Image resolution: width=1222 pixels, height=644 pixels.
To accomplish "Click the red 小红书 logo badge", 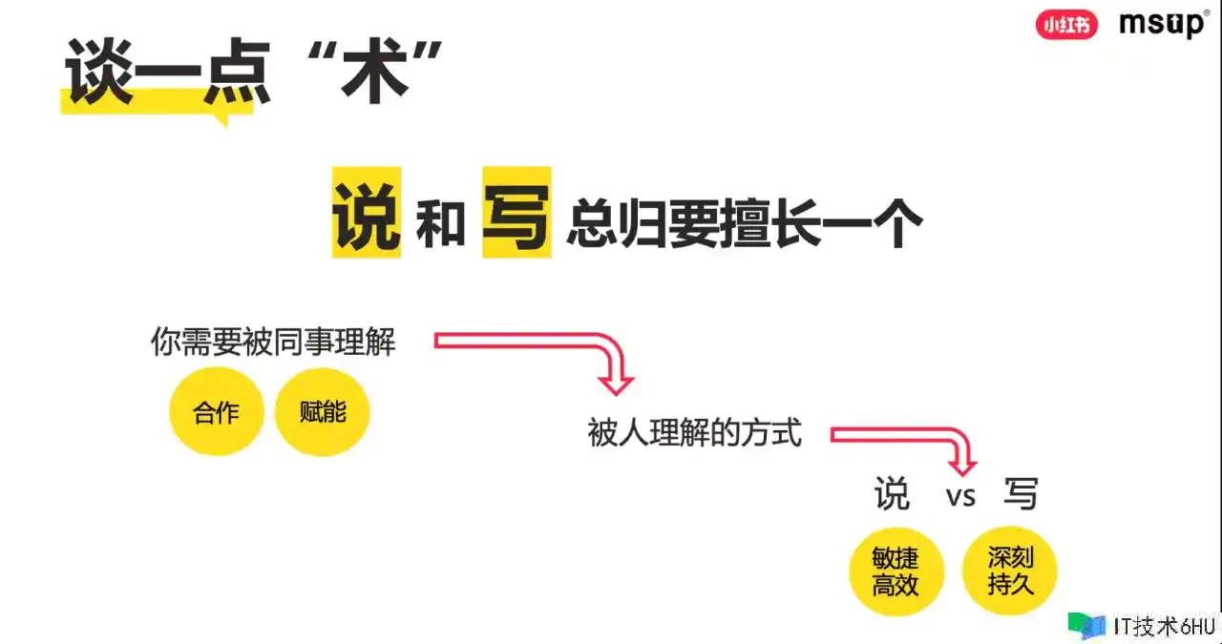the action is click(x=1066, y=25).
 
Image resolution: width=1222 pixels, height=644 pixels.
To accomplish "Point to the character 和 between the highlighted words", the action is click(x=441, y=223).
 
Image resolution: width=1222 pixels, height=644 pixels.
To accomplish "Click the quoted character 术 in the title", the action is click(x=374, y=71).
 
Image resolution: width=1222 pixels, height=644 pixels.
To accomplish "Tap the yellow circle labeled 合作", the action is click(x=217, y=412).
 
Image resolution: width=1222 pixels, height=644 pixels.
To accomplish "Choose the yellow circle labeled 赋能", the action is click(x=323, y=412).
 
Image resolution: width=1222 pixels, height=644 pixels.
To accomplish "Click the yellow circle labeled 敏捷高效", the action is click(x=896, y=571).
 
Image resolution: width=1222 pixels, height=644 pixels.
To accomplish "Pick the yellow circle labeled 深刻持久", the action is click(x=1010, y=571).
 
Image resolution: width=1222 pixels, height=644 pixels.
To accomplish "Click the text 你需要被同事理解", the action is click(x=273, y=342).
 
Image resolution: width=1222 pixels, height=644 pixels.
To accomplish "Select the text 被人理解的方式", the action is click(x=694, y=432).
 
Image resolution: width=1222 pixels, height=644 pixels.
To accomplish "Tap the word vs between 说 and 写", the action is click(x=960, y=496).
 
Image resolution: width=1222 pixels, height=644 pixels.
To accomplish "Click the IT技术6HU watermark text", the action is click(x=1164, y=627).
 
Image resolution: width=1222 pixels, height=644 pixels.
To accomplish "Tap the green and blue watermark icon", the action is click(x=1086, y=626).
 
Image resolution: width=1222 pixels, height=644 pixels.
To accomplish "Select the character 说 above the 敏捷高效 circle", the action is click(x=893, y=494).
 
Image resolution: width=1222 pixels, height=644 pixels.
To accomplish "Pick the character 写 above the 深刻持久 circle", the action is click(x=1021, y=494).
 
